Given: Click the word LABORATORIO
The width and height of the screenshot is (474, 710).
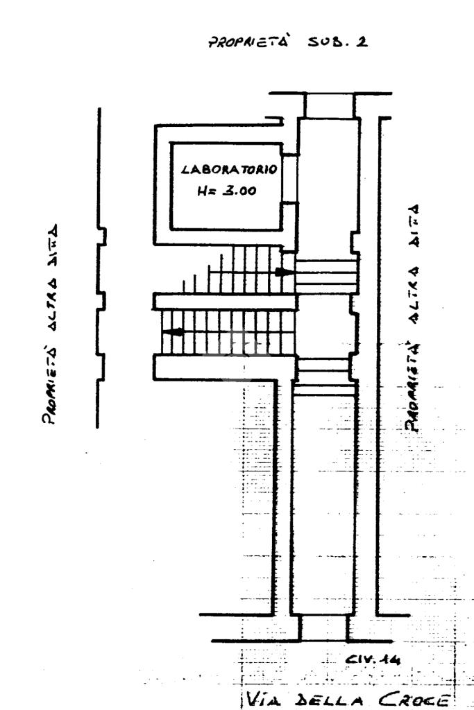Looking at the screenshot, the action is (230, 169).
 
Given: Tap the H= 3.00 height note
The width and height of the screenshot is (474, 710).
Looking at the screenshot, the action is (226, 192).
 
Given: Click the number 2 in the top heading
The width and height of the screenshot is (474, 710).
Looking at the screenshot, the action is (362, 42).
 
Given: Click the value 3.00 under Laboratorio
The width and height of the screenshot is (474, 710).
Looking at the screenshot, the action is (239, 192).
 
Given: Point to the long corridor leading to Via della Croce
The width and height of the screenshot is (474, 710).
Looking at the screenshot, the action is (324, 499).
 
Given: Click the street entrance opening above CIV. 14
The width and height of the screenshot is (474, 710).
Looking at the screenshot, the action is (324, 627).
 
